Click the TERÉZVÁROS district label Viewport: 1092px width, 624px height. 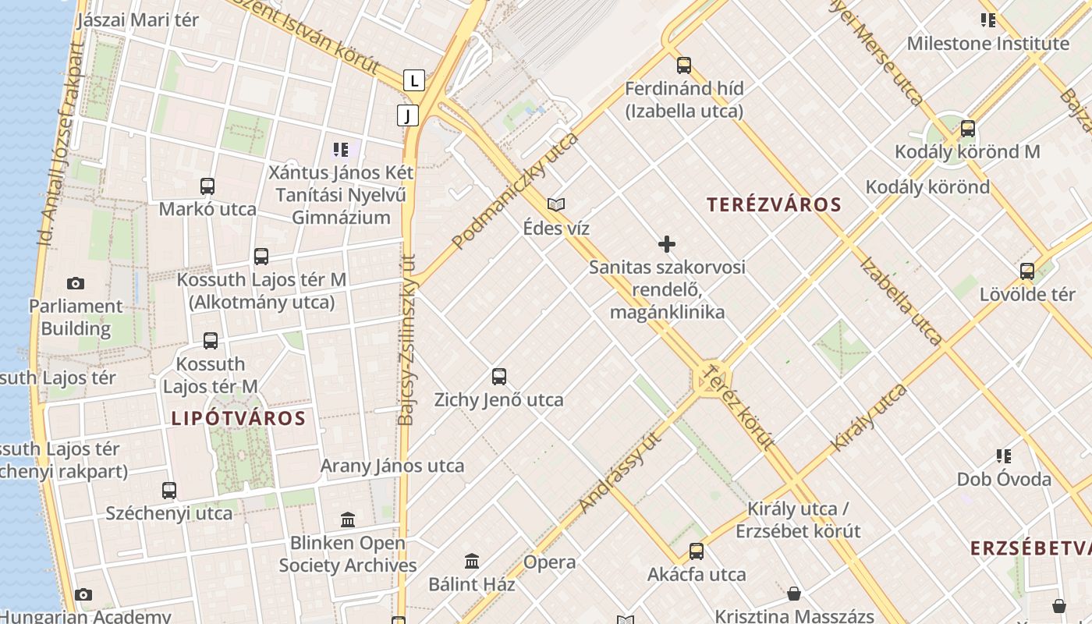774,205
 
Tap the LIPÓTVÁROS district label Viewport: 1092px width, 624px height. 239,418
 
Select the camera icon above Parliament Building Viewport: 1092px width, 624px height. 76,283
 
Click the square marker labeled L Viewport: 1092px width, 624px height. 414,80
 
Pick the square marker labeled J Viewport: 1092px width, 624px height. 407,115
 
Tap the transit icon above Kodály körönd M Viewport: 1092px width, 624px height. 967,129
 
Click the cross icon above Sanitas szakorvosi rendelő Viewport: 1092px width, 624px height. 667,244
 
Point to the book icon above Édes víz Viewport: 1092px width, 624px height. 556,205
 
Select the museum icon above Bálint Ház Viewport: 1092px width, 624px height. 472,561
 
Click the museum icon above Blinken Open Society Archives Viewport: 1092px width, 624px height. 348,519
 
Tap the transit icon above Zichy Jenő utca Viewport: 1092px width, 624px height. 499,377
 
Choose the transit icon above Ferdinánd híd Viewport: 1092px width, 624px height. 684,66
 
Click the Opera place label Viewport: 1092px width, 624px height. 550,562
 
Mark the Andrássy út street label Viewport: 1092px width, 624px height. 620,472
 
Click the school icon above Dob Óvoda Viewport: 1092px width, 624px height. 1004,456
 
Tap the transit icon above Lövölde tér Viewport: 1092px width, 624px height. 1027,271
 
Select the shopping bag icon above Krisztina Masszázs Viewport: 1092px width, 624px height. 794,594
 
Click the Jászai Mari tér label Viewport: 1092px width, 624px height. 138,20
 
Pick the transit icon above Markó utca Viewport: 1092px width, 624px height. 207,186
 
